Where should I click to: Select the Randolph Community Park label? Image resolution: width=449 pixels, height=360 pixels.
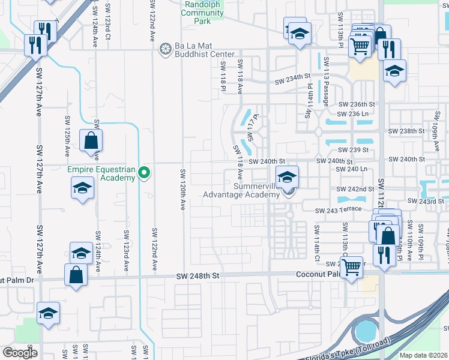203,12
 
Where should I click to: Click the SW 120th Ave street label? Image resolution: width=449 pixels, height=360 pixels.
182,190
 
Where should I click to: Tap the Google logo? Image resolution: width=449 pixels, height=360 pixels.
20,352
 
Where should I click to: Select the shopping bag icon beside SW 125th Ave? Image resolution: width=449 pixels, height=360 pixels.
90,141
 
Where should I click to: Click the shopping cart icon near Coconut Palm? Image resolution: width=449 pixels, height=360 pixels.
352,265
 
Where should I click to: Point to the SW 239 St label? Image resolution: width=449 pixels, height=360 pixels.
352,150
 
